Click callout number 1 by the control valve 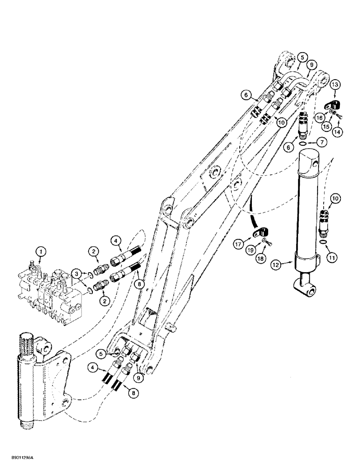(42, 252)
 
